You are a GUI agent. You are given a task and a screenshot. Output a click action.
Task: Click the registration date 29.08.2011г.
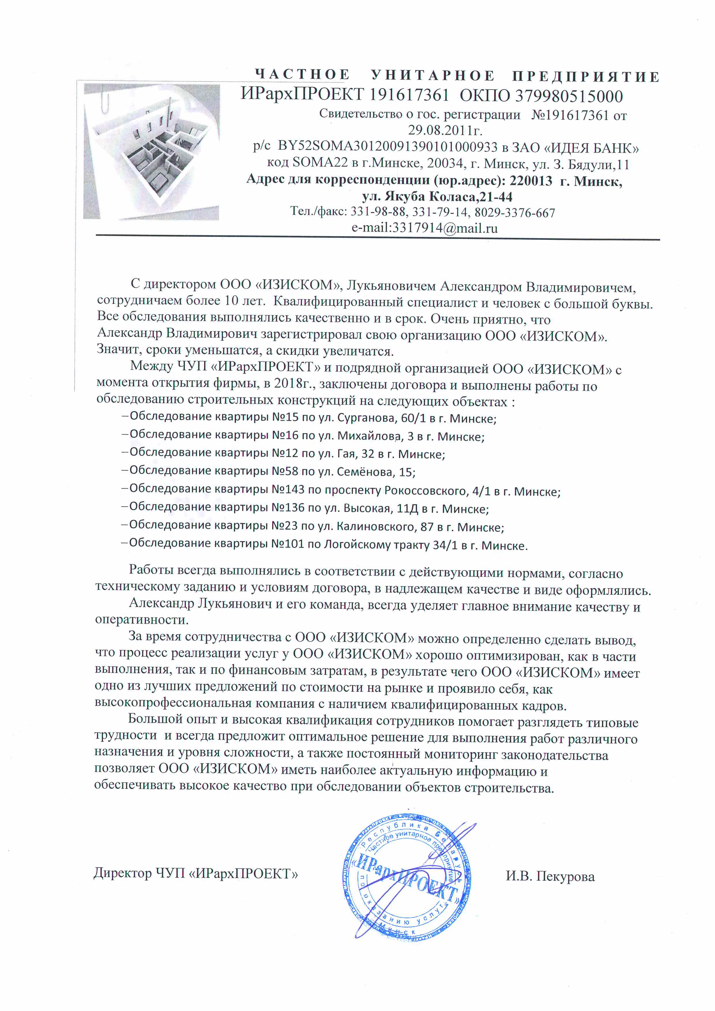pyautogui.click(x=445, y=130)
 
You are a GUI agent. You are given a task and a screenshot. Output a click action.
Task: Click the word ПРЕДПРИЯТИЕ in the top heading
pyautogui.click(x=586, y=77)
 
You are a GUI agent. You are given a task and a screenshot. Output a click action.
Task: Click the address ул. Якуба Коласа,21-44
pyautogui.click(x=437, y=196)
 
